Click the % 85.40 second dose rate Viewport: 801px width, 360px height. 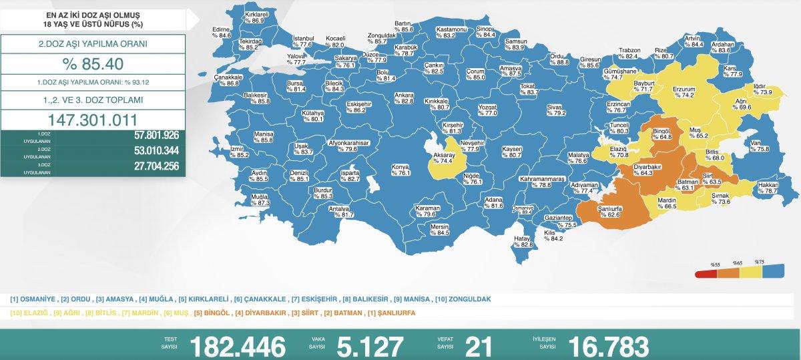[x=93, y=65]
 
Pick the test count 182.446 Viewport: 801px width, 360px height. [x=238, y=346]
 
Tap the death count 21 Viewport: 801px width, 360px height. [x=478, y=346]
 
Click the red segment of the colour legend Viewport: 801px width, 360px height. [x=705, y=273]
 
